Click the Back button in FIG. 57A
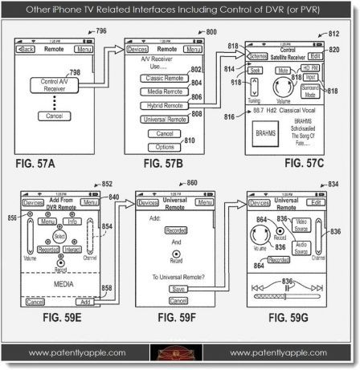coord(27,49)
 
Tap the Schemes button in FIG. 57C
coord(258,56)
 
